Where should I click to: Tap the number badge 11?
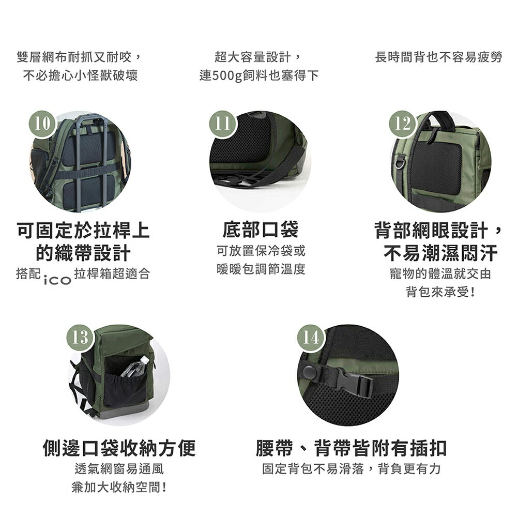222,123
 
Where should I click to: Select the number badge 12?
402,123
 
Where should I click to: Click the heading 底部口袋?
261,230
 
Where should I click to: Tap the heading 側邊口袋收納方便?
119,448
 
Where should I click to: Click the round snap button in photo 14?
310,371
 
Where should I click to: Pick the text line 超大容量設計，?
258,57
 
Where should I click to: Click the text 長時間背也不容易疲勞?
438,57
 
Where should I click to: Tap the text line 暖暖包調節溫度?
261,269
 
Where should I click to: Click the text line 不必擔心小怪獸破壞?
80,76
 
